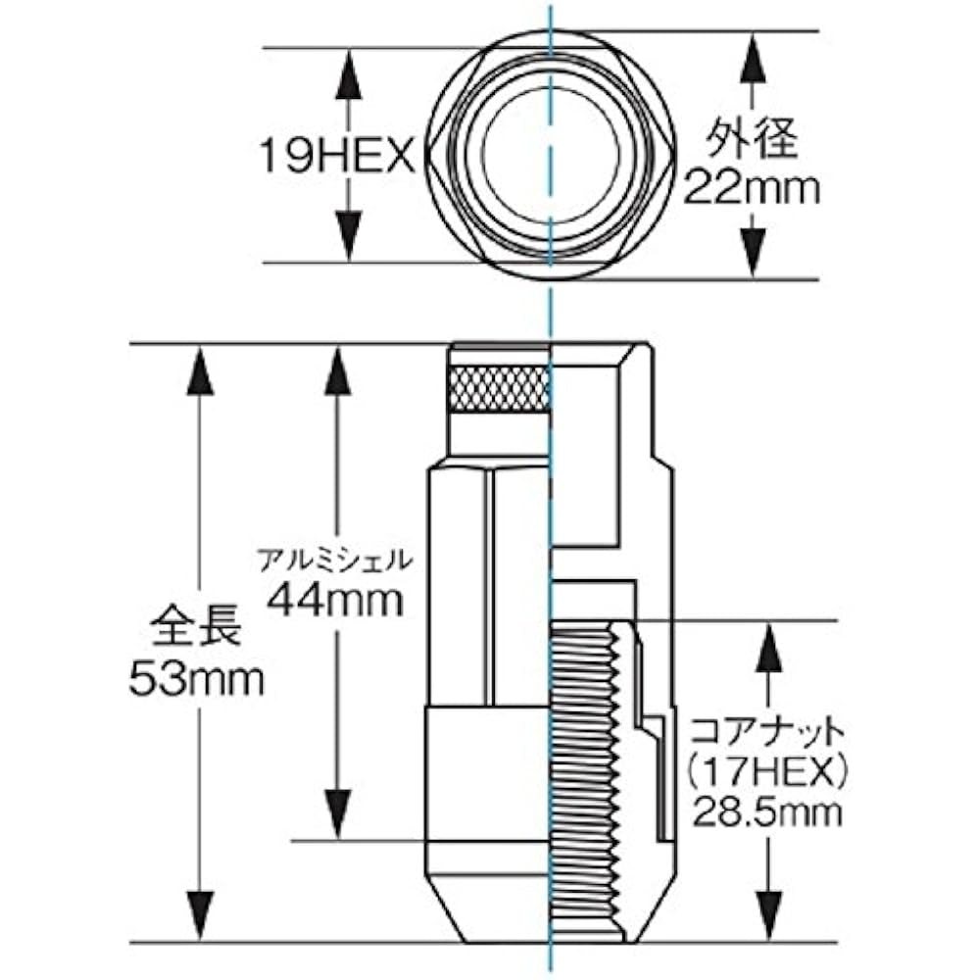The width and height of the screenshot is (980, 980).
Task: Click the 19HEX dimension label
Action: click(x=337, y=156)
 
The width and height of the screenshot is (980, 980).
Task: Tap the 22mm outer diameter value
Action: click(x=751, y=188)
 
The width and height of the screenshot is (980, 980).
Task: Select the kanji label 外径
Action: click(x=752, y=139)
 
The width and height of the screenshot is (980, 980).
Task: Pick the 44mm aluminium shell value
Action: click(x=335, y=600)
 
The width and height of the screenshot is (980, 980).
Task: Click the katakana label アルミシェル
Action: click(x=335, y=560)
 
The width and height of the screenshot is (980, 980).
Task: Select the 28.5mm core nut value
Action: click(x=767, y=813)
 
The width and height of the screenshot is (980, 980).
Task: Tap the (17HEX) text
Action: click(x=767, y=774)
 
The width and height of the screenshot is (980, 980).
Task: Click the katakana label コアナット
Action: click(x=767, y=732)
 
